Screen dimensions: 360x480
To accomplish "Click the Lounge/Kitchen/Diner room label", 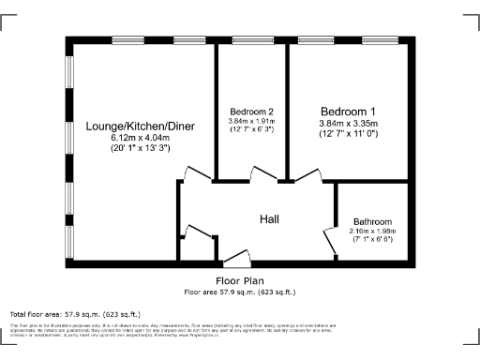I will (x=140, y=126).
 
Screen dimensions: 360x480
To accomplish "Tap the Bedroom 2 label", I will (x=251, y=111).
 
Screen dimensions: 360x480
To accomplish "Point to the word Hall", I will (x=270, y=219).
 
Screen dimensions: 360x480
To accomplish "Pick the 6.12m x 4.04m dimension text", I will (x=140, y=138).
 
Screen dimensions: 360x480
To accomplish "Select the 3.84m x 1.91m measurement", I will (x=251, y=121).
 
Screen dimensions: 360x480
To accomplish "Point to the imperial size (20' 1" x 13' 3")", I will (x=140, y=148).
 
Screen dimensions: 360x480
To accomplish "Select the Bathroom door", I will (x=330, y=240).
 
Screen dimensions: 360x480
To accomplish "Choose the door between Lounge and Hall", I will (x=196, y=175).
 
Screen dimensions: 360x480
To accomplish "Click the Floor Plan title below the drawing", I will (x=240, y=280).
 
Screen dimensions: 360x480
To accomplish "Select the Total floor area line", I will (x=75, y=313).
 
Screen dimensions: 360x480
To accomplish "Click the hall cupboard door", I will (x=197, y=234).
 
